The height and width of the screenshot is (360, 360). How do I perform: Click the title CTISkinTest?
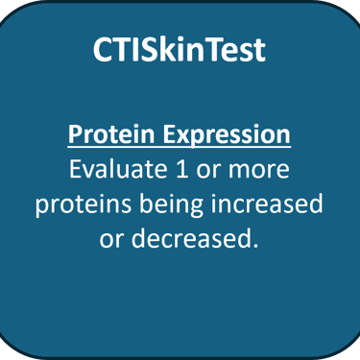coord(180,50)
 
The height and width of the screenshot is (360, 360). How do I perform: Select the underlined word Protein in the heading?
coord(111,134)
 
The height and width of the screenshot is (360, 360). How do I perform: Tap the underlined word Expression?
coord(227,135)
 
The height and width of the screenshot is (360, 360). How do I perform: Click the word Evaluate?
coord(118,169)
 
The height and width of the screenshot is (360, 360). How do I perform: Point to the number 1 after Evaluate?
coord(181,169)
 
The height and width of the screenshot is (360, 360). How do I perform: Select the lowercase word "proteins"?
coord(84,204)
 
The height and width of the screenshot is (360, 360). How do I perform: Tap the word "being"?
coord(172,204)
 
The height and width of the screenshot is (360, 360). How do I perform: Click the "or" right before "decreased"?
coord(110,239)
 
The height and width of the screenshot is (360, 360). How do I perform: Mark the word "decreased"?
coord(189,238)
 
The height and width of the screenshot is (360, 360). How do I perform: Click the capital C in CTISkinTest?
coord(104,50)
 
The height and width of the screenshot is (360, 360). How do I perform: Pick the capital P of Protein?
coord(75,134)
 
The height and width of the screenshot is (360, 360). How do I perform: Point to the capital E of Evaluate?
coord(75,169)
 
